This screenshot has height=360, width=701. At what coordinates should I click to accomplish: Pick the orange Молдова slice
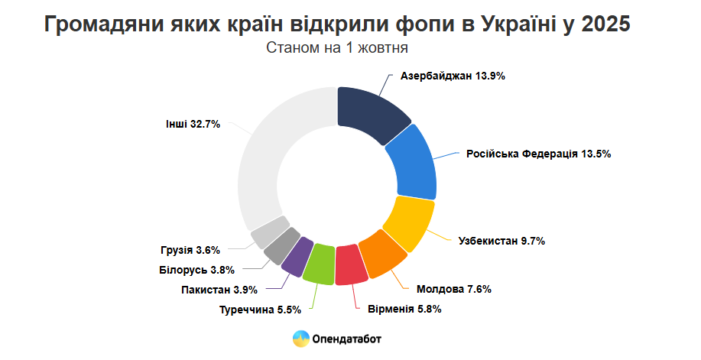[x=381, y=255]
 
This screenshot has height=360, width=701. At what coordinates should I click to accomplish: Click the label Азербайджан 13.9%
[x=453, y=76]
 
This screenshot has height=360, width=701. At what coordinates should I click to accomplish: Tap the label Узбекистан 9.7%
[x=501, y=241]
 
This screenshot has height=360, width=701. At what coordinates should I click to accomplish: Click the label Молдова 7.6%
[x=453, y=289]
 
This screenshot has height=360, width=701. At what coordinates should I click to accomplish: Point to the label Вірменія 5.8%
[x=404, y=309]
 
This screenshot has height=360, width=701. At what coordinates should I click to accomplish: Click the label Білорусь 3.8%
[x=196, y=269]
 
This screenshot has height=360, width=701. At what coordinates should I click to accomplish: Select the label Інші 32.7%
[x=193, y=123]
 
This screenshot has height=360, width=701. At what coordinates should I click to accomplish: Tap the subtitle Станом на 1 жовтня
[x=336, y=47]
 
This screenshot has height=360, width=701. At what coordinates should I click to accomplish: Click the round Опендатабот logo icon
[x=300, y=339]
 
